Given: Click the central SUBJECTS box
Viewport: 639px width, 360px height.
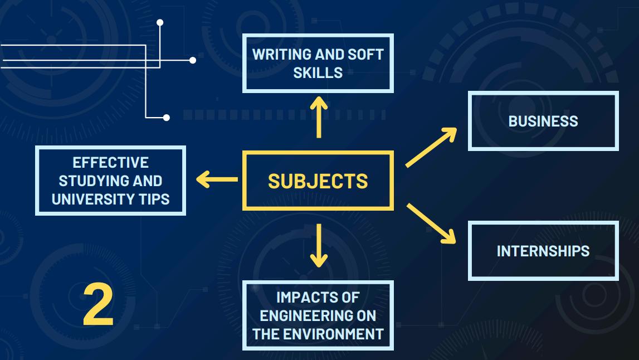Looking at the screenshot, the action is [318, 181].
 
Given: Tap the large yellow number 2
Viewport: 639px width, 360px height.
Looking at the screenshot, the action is [98, 305].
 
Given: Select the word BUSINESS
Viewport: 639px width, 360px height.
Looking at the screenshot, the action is [543, 121].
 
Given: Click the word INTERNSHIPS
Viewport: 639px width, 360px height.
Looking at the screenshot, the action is [543, 251].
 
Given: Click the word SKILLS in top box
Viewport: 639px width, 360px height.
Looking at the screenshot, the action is [318, 72].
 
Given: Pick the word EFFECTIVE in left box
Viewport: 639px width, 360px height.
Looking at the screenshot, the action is [110, 163].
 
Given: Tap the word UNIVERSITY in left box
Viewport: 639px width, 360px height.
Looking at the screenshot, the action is [91, 199].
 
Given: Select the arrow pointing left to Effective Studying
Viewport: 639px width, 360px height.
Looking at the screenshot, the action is [217, 179].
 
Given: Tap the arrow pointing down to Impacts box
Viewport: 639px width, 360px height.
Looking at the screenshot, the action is [318, 245].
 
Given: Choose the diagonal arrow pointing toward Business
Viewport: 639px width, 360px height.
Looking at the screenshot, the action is [431, 147].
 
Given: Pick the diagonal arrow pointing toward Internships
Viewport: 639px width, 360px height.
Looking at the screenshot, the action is [431, 223].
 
